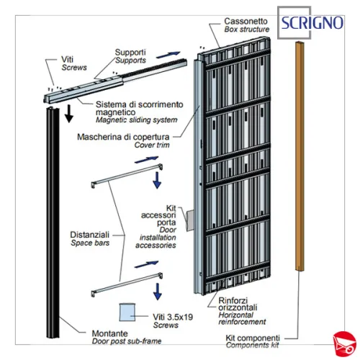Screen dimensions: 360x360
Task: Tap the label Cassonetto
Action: click(x=246, y=21)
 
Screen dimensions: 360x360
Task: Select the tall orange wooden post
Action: click(x=300, y=156)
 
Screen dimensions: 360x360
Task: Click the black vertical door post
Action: click(x=53, y=222)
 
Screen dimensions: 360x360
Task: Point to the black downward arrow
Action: click(x=69, y=114)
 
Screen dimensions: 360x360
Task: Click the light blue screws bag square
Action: click(x=127, y=312)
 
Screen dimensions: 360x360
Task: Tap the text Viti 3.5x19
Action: click(x=173, y=317)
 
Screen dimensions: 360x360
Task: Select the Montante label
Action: click(x=109, y=333)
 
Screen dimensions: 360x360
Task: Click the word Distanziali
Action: click(x=89, y=235)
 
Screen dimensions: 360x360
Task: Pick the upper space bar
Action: click(x=127, y=176)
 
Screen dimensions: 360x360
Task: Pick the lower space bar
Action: click(x=127, y=285)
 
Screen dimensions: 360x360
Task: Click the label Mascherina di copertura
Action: click(x=123, y=137)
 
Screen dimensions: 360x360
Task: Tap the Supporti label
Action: click(x=130, y=52)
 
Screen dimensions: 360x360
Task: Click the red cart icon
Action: click(x=344, y=343)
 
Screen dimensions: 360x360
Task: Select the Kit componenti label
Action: click(x=253, y=338)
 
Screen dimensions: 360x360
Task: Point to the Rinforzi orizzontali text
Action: click(x=238, y=304)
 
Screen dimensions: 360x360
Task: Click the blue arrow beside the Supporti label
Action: click(x=168, y=55)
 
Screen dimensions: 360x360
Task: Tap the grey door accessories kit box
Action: click(x=190, y=220)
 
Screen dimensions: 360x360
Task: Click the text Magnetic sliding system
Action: click(x=137, y=120)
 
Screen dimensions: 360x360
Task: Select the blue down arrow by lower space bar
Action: click(x=158, y=292)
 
